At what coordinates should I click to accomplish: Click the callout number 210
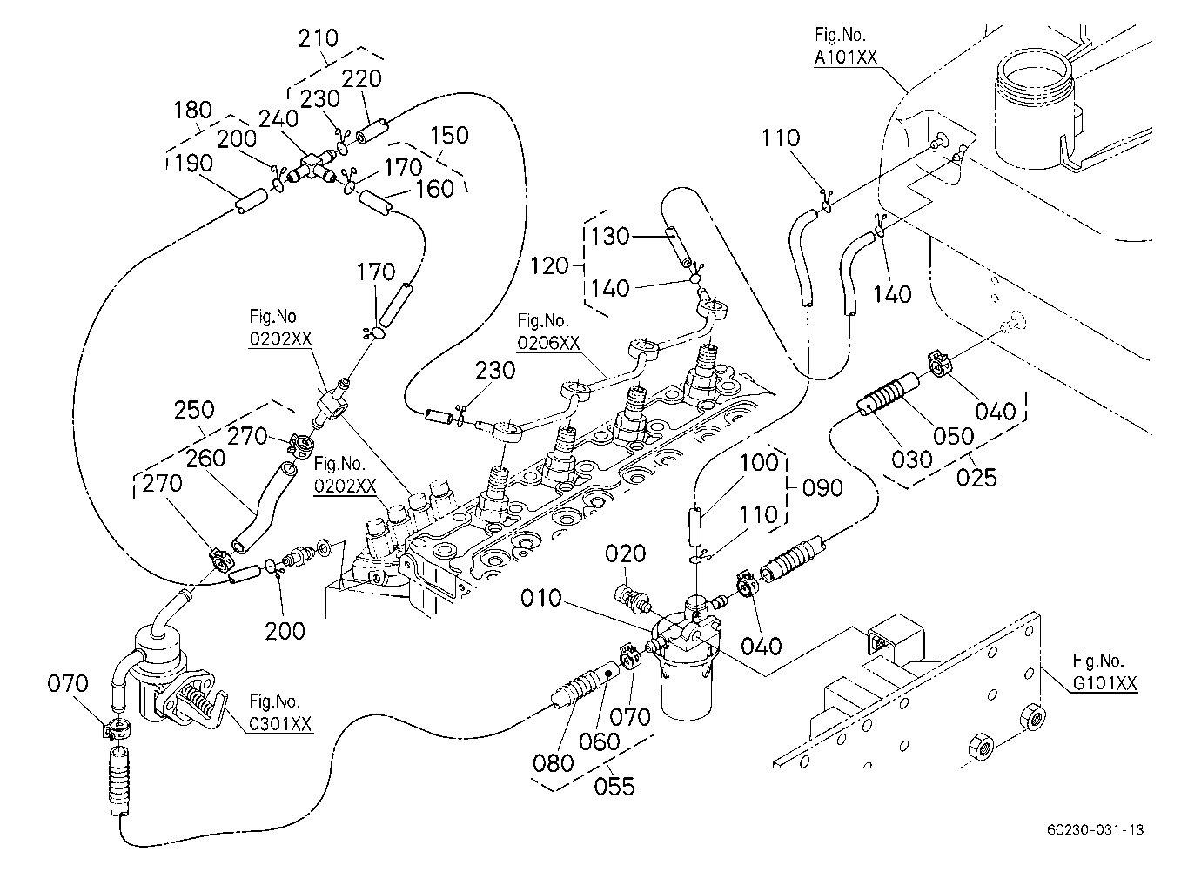[x=318, y=38]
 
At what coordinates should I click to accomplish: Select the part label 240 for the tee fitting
[x=278, y=118]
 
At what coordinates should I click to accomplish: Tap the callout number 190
[x=193, y=163]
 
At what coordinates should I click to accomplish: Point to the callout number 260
[x=205, y=459]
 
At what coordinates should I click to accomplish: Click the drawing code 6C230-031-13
[x=1096, y=830]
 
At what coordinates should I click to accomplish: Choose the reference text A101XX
[x=846, y=57]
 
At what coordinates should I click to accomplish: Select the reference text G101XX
[x=1104, y=683]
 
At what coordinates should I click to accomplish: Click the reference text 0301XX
[x=280, y=725]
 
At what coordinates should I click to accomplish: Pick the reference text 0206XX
[x=548, y=343]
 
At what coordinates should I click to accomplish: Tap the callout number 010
[x=541, y=599]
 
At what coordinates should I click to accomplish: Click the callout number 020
[x=625, y=553]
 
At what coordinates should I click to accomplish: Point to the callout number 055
[x=614, y=787]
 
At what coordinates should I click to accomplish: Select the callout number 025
[x=976, y=477]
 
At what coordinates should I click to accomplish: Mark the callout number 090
[x=823, y=488]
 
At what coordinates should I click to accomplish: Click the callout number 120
[x=549, y=266]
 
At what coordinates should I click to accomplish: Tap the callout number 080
[x=553, y=763]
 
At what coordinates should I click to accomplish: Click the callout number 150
[x=449, y=135]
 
